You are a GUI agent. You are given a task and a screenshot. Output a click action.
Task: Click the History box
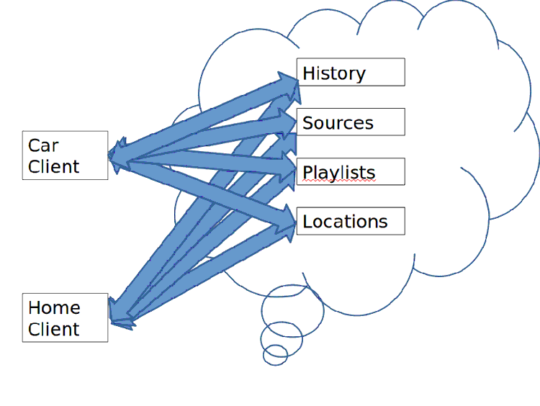(351, 72)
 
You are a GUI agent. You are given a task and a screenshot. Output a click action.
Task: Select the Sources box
(351, 122)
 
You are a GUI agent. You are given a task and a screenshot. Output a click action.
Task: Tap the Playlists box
(351, 171)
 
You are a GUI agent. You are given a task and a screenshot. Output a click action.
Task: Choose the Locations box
(351, 221)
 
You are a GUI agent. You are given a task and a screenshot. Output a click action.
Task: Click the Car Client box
(65, 155)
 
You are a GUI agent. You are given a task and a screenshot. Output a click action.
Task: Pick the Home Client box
(65, 317)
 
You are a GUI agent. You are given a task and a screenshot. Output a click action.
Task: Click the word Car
(43, 145)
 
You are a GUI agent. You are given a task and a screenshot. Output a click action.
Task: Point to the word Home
(54, 307)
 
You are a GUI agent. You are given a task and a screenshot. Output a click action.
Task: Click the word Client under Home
(54, 329)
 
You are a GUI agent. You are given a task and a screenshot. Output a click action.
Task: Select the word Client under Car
(54, 166)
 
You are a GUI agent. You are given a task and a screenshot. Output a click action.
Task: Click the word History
(334, 73)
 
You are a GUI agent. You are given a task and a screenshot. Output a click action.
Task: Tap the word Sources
(338, 122)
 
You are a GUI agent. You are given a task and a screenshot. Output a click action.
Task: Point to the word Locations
(345, 222)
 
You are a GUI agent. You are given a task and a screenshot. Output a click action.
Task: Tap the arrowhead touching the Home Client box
(120, 315)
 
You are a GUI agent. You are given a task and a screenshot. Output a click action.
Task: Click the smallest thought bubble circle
(275, 354)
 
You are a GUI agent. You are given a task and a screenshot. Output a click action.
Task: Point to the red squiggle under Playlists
(339, 182)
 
